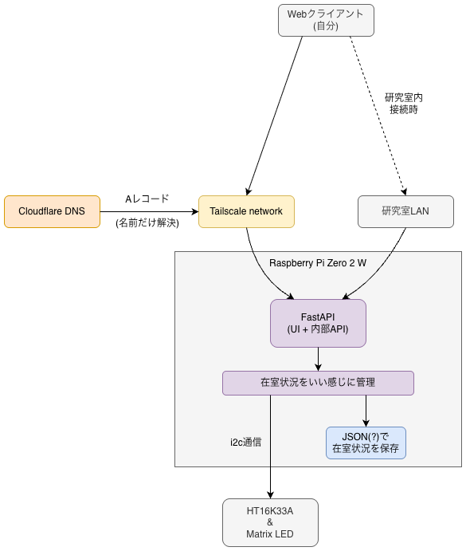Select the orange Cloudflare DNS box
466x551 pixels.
point(52,211)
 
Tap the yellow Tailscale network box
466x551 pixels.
point(246,211)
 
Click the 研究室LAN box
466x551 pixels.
point(405,211)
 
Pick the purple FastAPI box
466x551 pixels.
point(318,323)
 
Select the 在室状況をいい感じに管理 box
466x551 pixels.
point(318,383)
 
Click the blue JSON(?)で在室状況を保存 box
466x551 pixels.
point(366,443)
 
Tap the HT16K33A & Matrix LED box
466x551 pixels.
point(270,522)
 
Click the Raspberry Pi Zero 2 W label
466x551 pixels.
point(317,262)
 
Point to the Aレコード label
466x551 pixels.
point(147,199)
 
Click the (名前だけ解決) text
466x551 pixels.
point(147,223)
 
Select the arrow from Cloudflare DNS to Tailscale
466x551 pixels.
point(147,211)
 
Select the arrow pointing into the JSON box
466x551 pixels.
point(366,410)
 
